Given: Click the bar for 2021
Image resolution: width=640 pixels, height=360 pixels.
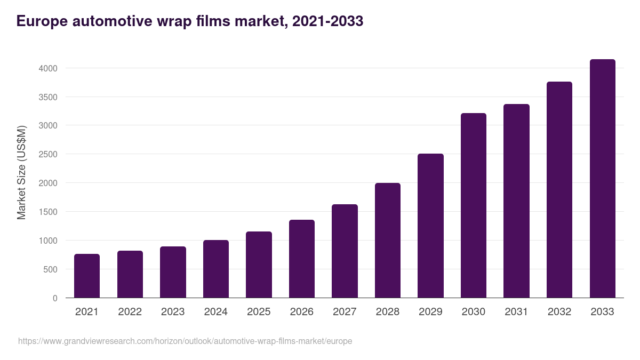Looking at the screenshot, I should [87, 276].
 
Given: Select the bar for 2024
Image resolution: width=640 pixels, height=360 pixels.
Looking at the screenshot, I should [215, 269].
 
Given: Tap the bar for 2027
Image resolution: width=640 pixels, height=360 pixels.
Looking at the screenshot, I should [345, 251].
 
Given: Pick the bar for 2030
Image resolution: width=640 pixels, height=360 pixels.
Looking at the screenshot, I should [474, 205].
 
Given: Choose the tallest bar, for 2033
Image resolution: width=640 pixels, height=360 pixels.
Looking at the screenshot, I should [602, 179].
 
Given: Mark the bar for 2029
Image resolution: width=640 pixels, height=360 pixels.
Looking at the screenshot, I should [430, 226].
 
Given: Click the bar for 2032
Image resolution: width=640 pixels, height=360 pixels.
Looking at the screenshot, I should [559, 190].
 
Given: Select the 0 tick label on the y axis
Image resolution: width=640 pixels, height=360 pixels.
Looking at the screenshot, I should [55, 298].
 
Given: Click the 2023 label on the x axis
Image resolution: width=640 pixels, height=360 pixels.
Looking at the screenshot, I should [173, 312].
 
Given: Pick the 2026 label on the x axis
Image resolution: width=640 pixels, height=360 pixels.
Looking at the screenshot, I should [302, 312].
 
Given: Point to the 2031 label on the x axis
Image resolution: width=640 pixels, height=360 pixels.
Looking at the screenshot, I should [516, 312].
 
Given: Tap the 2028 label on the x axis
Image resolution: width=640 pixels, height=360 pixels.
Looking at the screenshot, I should [388, 312].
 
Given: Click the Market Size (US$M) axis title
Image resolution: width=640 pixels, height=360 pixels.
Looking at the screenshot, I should [21, 172].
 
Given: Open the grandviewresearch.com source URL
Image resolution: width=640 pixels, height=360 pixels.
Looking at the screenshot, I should [185, 341].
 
